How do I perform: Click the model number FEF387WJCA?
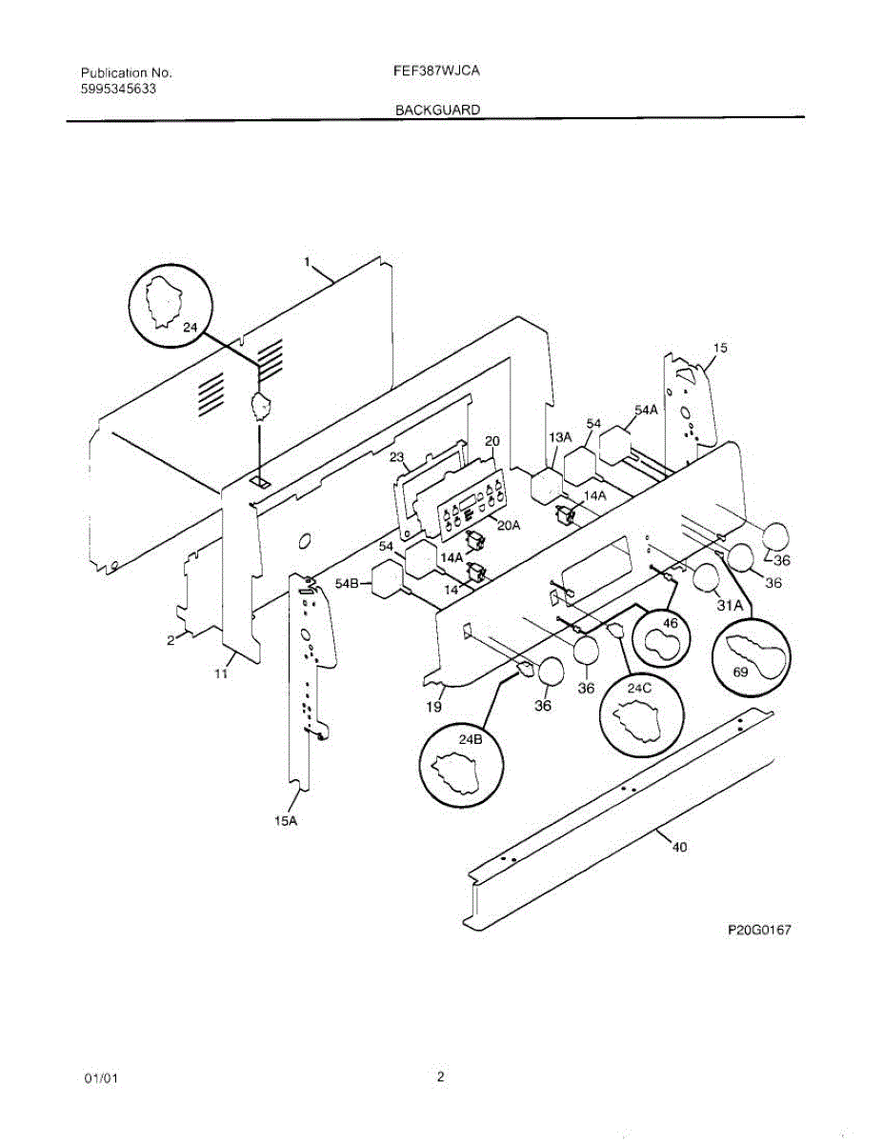437,70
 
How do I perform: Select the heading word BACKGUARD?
437,110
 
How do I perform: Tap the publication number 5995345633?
119,88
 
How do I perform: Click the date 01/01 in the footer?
101,1078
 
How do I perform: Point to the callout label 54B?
346,583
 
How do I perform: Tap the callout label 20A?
510,525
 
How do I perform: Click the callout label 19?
433,707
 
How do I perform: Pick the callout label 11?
221,673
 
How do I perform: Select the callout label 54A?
646,410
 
